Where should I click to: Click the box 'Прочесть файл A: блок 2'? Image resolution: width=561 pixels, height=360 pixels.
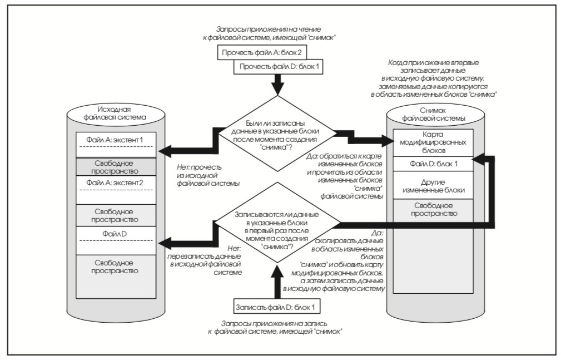[x=262, y=52]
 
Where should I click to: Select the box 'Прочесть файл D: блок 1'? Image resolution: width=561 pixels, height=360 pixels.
[x=279, y=67]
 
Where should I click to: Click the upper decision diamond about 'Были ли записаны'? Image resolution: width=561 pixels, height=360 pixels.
[x=277, y=133]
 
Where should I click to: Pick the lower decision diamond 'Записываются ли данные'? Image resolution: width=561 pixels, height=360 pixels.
[x=277, y=223]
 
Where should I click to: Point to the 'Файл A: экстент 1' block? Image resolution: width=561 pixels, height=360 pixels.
[x=116, y=145]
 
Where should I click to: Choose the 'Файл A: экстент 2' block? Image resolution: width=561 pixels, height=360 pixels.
[x=116, y=190]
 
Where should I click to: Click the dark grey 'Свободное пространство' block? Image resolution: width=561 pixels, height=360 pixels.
[x=116, y=166]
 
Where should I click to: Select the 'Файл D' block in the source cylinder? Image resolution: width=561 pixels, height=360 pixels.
[x=116, y=240]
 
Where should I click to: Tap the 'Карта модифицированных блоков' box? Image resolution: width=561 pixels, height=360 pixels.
[x=433, y=142]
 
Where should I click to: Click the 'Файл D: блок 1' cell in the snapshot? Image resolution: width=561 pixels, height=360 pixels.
[x=433, y=164]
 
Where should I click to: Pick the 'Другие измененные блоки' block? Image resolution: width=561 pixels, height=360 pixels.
[x=433, y=185]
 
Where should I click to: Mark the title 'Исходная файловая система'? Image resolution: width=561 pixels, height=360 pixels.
[x=115, y=113]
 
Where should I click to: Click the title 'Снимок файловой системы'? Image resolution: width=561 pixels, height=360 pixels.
[x=433, y=114]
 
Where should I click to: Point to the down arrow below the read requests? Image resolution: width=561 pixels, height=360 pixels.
[x=277, y=85]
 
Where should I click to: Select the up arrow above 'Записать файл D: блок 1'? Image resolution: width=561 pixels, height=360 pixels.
[x=276, y=282]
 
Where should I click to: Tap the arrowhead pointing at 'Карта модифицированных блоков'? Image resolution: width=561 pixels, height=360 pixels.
[x=388, y=140]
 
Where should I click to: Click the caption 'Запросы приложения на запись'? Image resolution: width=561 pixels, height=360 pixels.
[x=274, y=323]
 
